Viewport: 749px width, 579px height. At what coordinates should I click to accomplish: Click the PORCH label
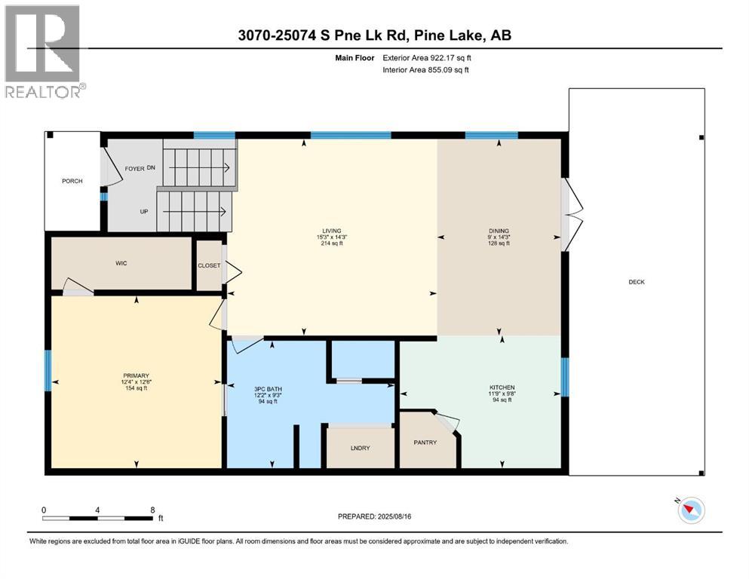(72, 181)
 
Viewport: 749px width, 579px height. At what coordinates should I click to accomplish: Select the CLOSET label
(209, 265)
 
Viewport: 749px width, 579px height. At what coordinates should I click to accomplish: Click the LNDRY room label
(360, 449)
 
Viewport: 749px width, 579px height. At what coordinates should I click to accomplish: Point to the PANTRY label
(425, 443)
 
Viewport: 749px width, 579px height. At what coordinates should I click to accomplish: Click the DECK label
(637, 282)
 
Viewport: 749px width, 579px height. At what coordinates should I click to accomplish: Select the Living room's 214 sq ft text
(332, 244)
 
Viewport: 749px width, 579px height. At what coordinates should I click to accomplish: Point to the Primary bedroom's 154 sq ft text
(136, 388)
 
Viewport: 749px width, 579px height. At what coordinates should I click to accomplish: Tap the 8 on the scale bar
(152, 510)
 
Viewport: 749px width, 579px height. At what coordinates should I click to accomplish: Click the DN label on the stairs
(150, 169)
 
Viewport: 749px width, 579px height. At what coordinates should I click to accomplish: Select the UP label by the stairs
(143, 212)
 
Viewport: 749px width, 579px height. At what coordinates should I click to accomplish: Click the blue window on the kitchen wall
(564, 378)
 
